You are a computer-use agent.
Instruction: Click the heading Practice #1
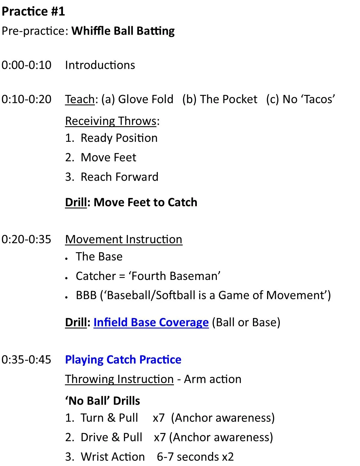pyautogui.click(x=33, y=11)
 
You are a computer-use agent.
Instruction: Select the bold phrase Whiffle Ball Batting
pyautogui.click(x=123, y=31)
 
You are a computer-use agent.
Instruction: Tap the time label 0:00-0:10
pyautogui.click(x=26, y=65)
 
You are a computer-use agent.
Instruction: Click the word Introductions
pyautogui.click(x=100, y=65)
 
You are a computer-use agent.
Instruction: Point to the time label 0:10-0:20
pyautogui.click(x=26, y=99)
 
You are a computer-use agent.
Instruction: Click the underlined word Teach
pyautogui.click(x=80, y=99)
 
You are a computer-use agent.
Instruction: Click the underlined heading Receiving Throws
pyautogui.click(x=111, y=121)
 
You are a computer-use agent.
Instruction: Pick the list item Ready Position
pyautogui.click(x=119, y=138)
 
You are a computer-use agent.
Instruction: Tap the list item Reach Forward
pyautogui.click(x=120, y=177)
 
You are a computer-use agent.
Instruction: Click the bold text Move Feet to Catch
pyautogui.click(x=146, y=202)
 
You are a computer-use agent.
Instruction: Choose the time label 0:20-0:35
pyautogui.click(x=26, y=239)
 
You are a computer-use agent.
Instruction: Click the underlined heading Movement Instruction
pyautogui.click(x=124, y=239)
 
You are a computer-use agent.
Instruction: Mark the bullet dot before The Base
pyautogui.click(x=67, y=259)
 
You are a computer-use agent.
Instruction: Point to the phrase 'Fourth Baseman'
pyautogui.click(x=174, y=276)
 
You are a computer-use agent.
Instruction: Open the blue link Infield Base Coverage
pyautogui.click(x=151, y=322)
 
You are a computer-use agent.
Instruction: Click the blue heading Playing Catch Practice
pyautogui.click(x=123, y=360)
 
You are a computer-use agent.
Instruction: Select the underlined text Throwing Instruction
pyautogui.click(x=119, y=379)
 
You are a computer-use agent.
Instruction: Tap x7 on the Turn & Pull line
pyautogui.click(x=159, y=418)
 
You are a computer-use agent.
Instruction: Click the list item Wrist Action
pyautogui.click(x=113, y=457)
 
